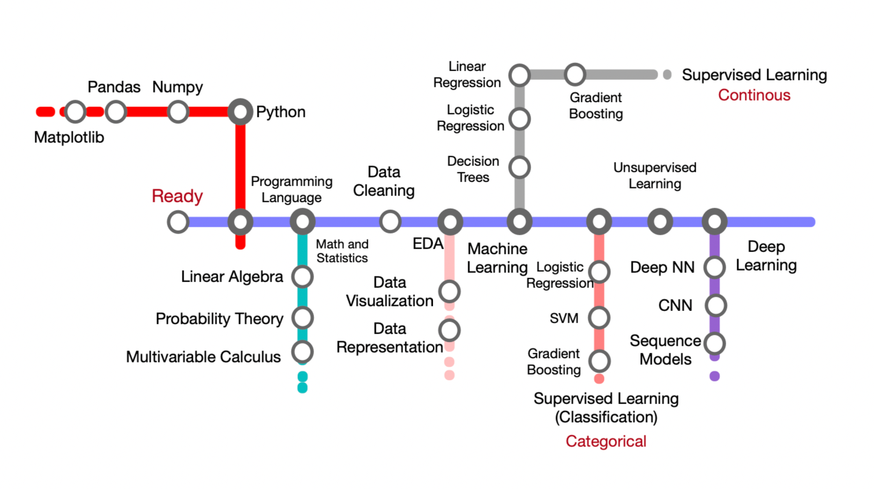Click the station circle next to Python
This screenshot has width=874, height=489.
[240, 112]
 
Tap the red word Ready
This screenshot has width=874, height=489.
[177, 196]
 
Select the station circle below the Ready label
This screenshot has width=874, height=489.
[178, 222]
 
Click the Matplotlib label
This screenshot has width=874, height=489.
[69, 138]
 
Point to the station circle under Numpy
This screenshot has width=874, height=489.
[178, 112]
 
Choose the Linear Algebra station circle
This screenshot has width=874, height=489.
[302, 277]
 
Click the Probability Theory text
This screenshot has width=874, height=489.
[219, 319]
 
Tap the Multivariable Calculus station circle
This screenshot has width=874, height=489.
[302, 352]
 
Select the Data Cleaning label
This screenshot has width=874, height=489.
[384, 181]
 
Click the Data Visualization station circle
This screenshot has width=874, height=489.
[449, 292]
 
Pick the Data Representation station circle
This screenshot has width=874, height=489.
[449, 331]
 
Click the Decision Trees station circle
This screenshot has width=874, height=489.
[520, 168]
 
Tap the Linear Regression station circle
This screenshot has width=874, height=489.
[520, 75]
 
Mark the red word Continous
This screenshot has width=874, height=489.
[754, 95]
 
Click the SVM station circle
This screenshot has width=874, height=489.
[599, 317]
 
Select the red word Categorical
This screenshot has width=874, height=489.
[606, 442]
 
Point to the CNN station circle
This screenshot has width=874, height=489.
[715, 305]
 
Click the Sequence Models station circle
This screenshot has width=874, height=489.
[715, 343]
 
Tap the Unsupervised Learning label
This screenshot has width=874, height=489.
[655, 176]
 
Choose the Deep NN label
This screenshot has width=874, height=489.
[662, 268]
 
